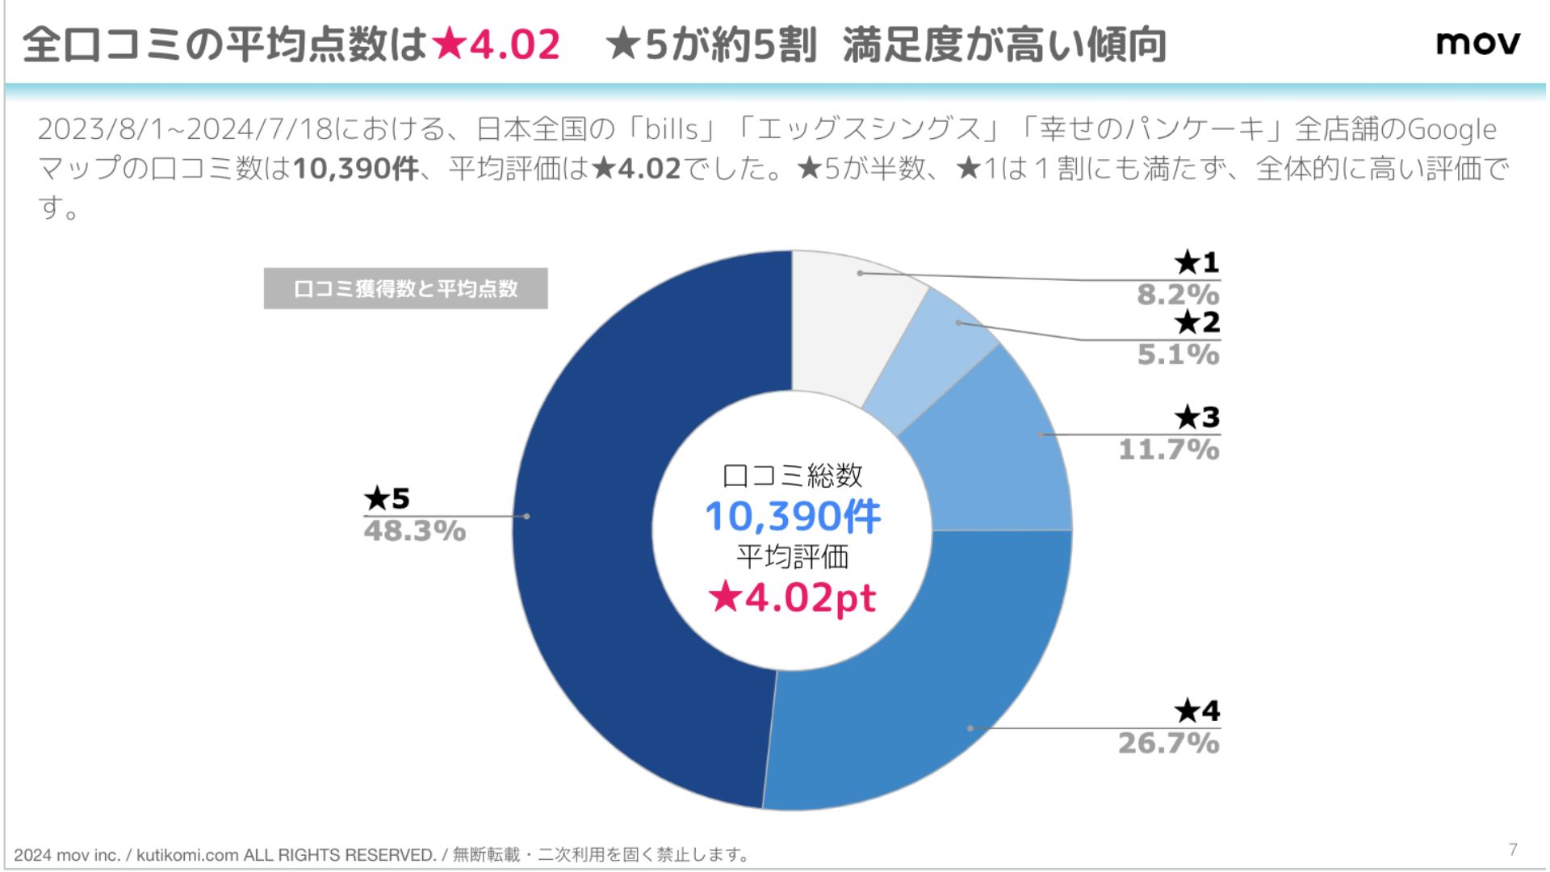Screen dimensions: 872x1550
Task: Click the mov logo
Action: point(1477,43)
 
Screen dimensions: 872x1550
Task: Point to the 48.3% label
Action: point(415,531)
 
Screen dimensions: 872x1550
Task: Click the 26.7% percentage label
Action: point(1168,743)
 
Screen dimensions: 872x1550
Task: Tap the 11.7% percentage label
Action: point(1168,450)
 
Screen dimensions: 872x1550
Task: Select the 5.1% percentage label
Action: point(1178,354)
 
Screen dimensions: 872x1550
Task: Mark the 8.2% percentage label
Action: point(1178,295)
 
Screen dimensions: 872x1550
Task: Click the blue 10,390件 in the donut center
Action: point(793,517)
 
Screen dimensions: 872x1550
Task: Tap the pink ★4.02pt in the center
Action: point(793,598)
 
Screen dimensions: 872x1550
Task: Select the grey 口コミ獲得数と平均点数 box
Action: point(405,288)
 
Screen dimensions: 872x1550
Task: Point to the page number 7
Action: point(1513,849)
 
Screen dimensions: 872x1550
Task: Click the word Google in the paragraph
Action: point(1452,129)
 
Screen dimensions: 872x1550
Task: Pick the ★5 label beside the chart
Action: point(387,498)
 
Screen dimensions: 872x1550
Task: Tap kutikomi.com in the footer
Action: point(187,855)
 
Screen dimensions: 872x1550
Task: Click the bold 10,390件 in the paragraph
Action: point(356,169)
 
